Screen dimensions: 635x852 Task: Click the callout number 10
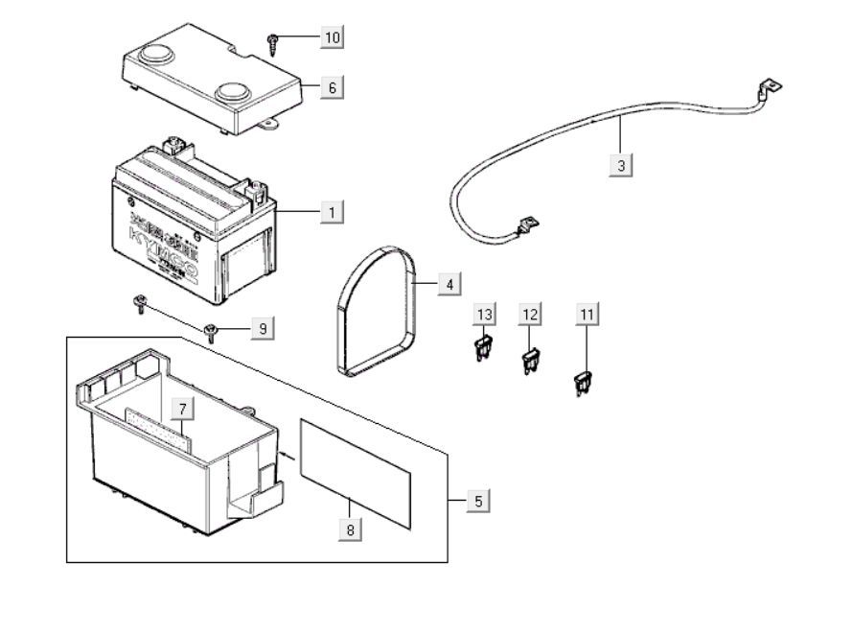pyautogui.click(x=332, y=37)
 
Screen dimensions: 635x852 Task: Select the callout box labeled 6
pyautogui.click(x=332, y=87)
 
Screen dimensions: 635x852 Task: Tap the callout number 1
pyautogui.click(x=332, y=211)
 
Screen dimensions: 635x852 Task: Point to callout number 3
pyautogui.click(x=621, y=166)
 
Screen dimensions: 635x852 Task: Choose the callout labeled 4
pyautogui.click(x=448, y=284)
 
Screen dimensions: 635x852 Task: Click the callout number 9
pyautogui.click(x=260, y=329)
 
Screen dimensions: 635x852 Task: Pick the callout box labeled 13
pyautogui.click(x=486, y=315)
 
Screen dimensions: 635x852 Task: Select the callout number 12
pyautogui.click(x=530, y=315)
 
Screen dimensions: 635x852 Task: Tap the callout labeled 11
pyautogui.click(x=587, y=315)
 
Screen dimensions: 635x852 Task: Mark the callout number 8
pyautogui.click(x=351, y=528)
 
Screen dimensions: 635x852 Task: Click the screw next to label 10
pyautogui.click(x=274, y=39)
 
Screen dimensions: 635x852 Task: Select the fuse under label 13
pyautogui.click(x=483, y=348)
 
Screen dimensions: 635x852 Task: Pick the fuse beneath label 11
pyautogui.click(x=581, y=385)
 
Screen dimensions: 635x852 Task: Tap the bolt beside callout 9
pyautogui.click(x=211, y=334)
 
